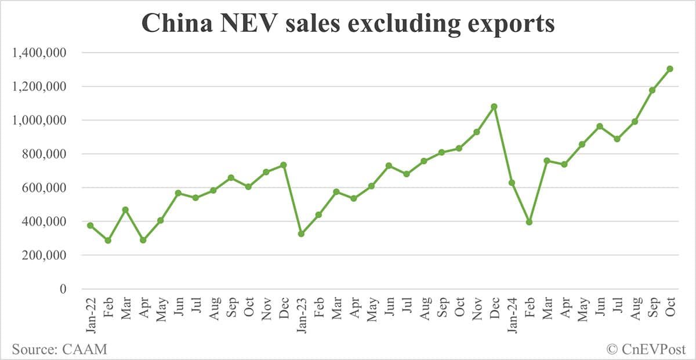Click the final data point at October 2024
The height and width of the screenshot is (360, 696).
(x=670, y=69)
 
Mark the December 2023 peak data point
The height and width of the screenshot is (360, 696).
(x=494, y=107)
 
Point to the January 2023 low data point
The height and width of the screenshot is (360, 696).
(x=301, y=234)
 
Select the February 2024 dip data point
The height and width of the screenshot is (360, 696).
(x=529, y=222)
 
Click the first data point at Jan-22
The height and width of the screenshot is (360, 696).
(x=90, y=226)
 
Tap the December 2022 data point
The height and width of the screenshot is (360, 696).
(x=284, y=165)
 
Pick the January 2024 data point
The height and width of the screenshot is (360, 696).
(x=512, y=183)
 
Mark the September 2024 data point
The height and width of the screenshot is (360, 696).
(x=652, y=90)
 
